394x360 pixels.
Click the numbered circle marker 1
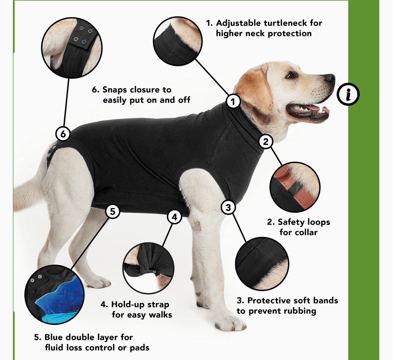click(233, 102)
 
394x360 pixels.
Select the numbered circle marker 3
click(228, 207)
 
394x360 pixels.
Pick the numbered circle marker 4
click(175, 217)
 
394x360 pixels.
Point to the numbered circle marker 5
click(112, 212)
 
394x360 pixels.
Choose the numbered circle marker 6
click(63, 134)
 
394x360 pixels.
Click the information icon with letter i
click(348, 94)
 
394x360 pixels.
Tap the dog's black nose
click(330, 79)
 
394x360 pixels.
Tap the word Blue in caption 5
click(54, 337)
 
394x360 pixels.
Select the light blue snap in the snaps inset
click(84, 42)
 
